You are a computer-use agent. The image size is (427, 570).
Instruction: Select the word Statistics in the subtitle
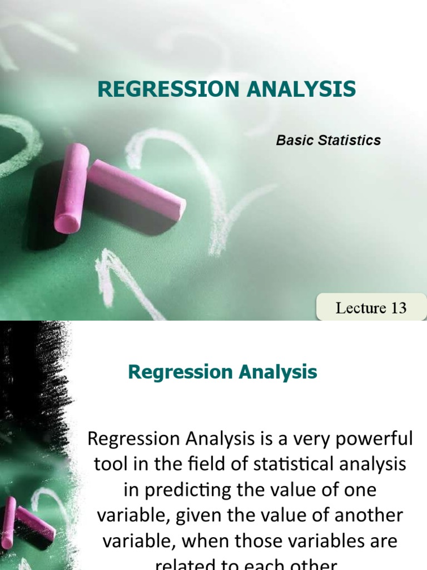click(350, 140)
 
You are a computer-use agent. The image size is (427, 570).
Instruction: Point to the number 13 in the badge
click(399, 308)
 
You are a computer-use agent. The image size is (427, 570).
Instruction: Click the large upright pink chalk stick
click(72, 188)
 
